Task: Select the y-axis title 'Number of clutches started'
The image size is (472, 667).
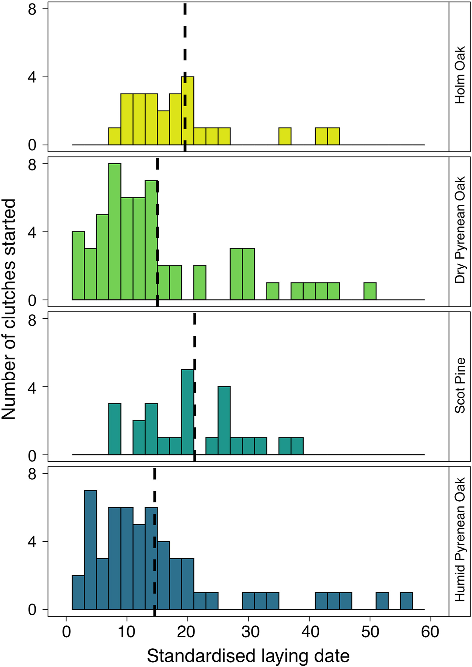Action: pyautogui.click(x=9, y=309)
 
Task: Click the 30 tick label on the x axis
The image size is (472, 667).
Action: pyautogui.click(x=248, y=632)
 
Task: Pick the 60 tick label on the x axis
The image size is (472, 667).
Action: pyautogui.click(x=430, y=632)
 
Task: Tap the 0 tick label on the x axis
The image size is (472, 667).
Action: pyautogui.click(x=67, y=632)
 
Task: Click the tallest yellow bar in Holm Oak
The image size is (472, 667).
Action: pyautogui.click(x=188, y=111)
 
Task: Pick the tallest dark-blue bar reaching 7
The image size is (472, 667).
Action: pyautogui.click(x=91, y=550)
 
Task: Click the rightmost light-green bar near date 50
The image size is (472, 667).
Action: pyautogui.click(x=370, y=291)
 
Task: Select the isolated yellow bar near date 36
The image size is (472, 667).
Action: pyautogui.click(x=285, y=136)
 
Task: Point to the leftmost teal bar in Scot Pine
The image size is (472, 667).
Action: pyautogui.click(x=115, y=429)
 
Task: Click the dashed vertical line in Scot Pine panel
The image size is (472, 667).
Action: pyautogui.click(x=194, y=349)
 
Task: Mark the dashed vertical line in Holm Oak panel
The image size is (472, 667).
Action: pyautogui.click(x=185, y=44)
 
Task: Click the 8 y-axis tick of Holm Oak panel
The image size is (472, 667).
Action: pyautogui.click(x=32, y=9)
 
